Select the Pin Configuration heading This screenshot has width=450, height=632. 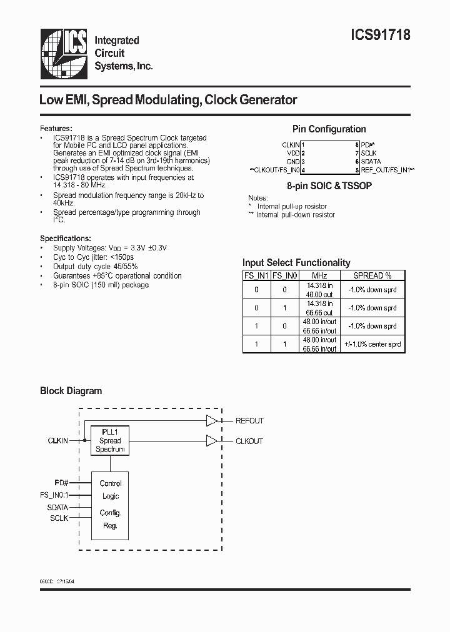pos(329,129)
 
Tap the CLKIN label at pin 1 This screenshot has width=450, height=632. pos(291,144)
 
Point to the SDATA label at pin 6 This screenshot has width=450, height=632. pos(371,161)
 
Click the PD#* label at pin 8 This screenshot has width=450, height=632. pos(367,144)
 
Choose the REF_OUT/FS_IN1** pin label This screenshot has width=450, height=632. pos(388,170)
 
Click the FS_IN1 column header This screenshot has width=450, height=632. pos(256,275)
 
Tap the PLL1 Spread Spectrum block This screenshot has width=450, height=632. pos(110,440)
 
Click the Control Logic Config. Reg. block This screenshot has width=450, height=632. pos(111,505)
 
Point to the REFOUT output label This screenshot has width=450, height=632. pos(249,421)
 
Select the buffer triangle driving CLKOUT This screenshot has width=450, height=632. pos(212,441)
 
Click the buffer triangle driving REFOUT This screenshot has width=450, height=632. pos(212,421)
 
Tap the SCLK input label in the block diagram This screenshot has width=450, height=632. pos(59,518)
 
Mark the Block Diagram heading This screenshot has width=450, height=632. pos(71,391)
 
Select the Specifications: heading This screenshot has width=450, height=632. pos(66,238)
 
